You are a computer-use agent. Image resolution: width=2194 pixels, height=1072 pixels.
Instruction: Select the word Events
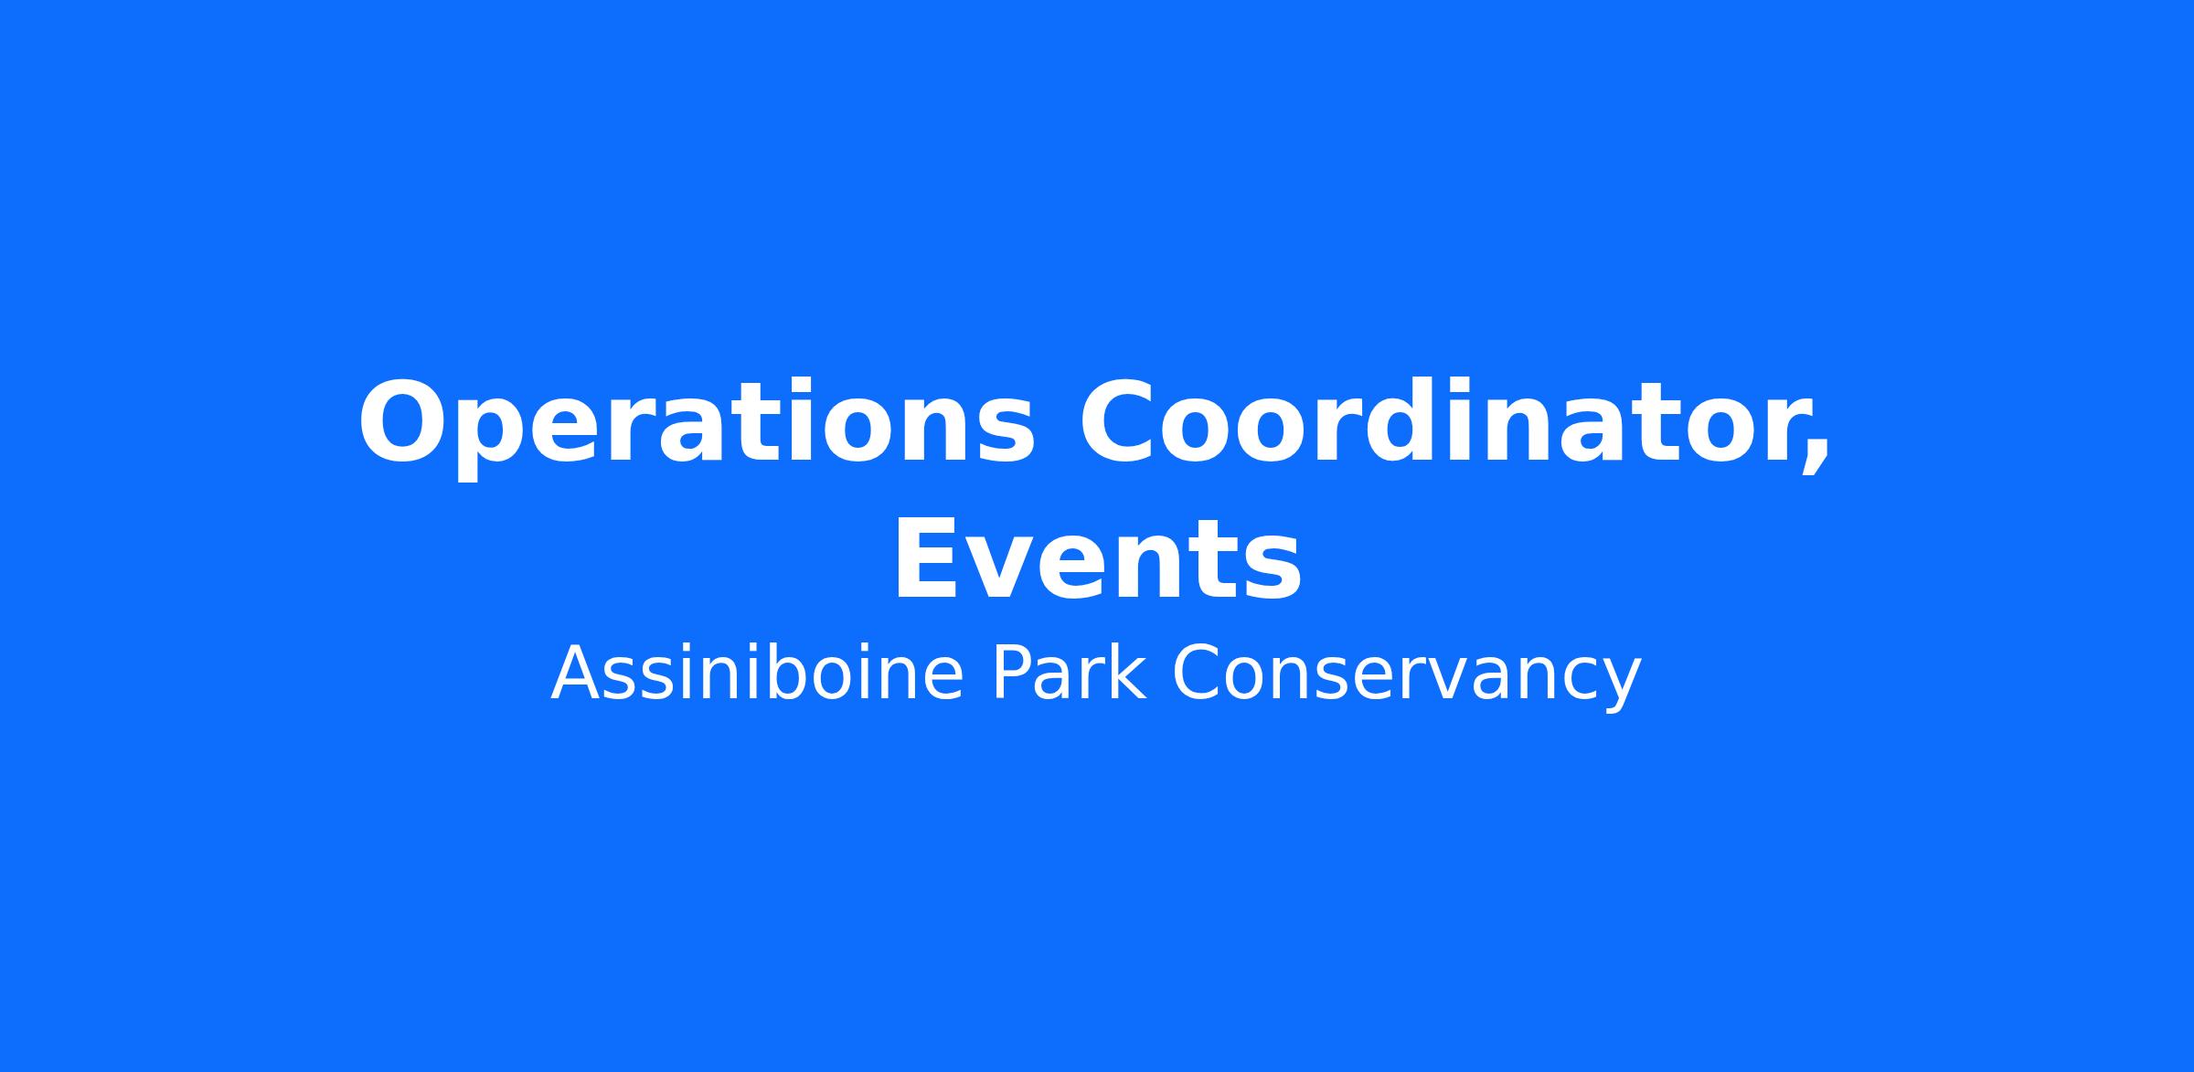[1097, 559]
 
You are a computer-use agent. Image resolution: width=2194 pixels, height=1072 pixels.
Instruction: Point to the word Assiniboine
[758, 674]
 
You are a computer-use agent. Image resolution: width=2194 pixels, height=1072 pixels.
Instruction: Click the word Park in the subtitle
[1069, 674]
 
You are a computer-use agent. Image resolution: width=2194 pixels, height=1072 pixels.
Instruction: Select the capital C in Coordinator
[1120, 422]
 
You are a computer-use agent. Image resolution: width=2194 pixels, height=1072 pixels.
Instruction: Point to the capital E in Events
[925, 559]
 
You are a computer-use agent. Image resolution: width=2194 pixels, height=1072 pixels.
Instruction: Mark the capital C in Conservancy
[1197, 673]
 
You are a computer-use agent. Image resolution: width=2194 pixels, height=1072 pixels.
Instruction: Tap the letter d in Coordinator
[1432, 420]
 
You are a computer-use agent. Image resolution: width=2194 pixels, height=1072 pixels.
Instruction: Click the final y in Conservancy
[1620, 686]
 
